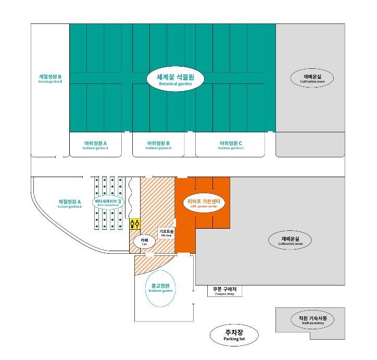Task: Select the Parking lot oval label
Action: coord(234,335)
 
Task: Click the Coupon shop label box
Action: coord(225,291)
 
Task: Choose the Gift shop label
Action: coord(166,232)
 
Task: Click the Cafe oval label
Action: coord(144,241)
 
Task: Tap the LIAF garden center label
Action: coord(204,203)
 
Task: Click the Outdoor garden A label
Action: coord(95,145)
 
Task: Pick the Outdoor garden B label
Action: coord(159,145)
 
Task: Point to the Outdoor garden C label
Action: coord(231,145)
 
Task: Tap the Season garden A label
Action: coord(70,203)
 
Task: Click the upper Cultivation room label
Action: coord(310,79)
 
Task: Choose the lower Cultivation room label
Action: coord(290,241)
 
